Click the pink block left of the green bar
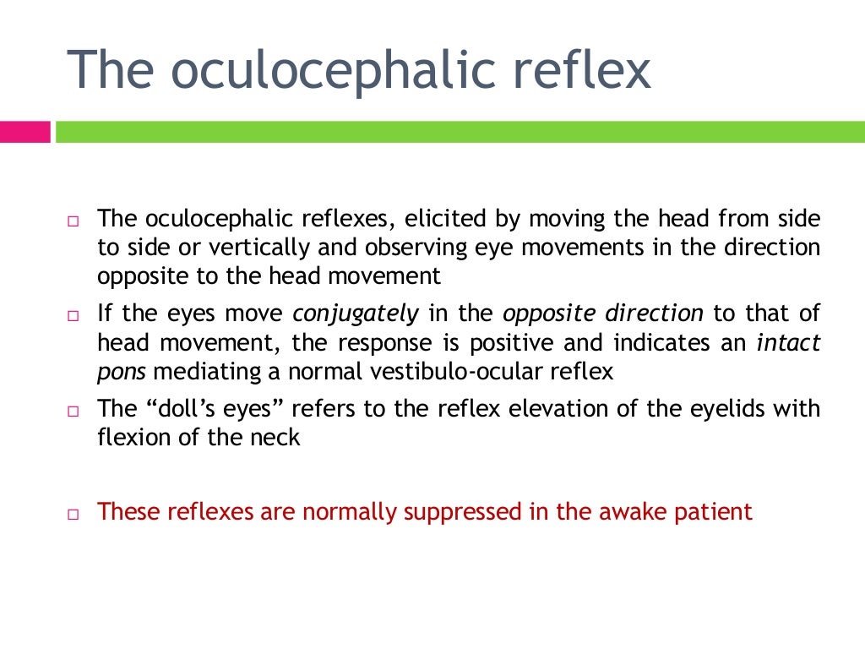[x=25, y=132]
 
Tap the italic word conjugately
[x=355, y=314]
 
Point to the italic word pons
[x=116, y=371]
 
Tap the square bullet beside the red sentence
[x=73, y=514]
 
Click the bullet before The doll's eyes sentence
[x=73, y=412]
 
